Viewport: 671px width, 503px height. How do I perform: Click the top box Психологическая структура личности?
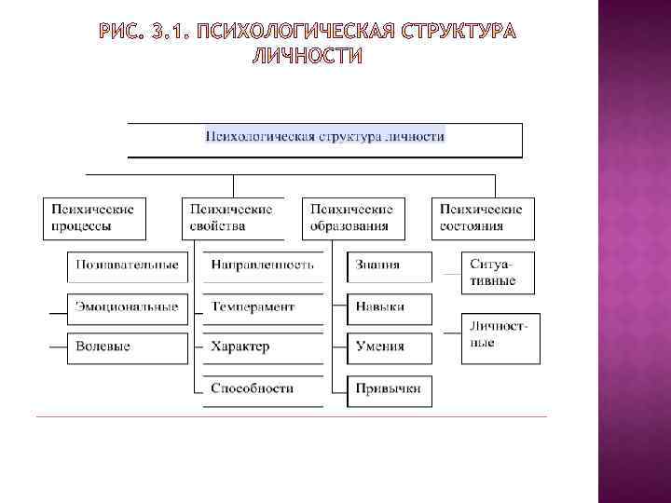[324, 136]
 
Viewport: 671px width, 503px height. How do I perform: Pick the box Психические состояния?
[483, 217]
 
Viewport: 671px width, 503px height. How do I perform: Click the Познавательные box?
[127, 265]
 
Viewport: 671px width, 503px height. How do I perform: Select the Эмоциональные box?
[127, 306]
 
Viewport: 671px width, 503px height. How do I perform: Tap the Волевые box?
[127, 347]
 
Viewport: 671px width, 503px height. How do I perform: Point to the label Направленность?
[263, 265]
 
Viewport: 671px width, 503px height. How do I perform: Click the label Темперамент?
[253, 306]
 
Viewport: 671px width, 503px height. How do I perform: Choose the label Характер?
[240, 347]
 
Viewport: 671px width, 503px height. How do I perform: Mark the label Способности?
[253, 387]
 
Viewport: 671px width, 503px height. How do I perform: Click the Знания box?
[390, 265]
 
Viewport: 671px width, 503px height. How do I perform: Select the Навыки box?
[390, 306]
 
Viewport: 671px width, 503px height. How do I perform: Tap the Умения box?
[390, 347]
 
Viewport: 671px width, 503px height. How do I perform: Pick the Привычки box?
[390, 387]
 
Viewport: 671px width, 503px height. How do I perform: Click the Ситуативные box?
[500, 272]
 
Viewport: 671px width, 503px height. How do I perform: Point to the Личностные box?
[500, 335]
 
